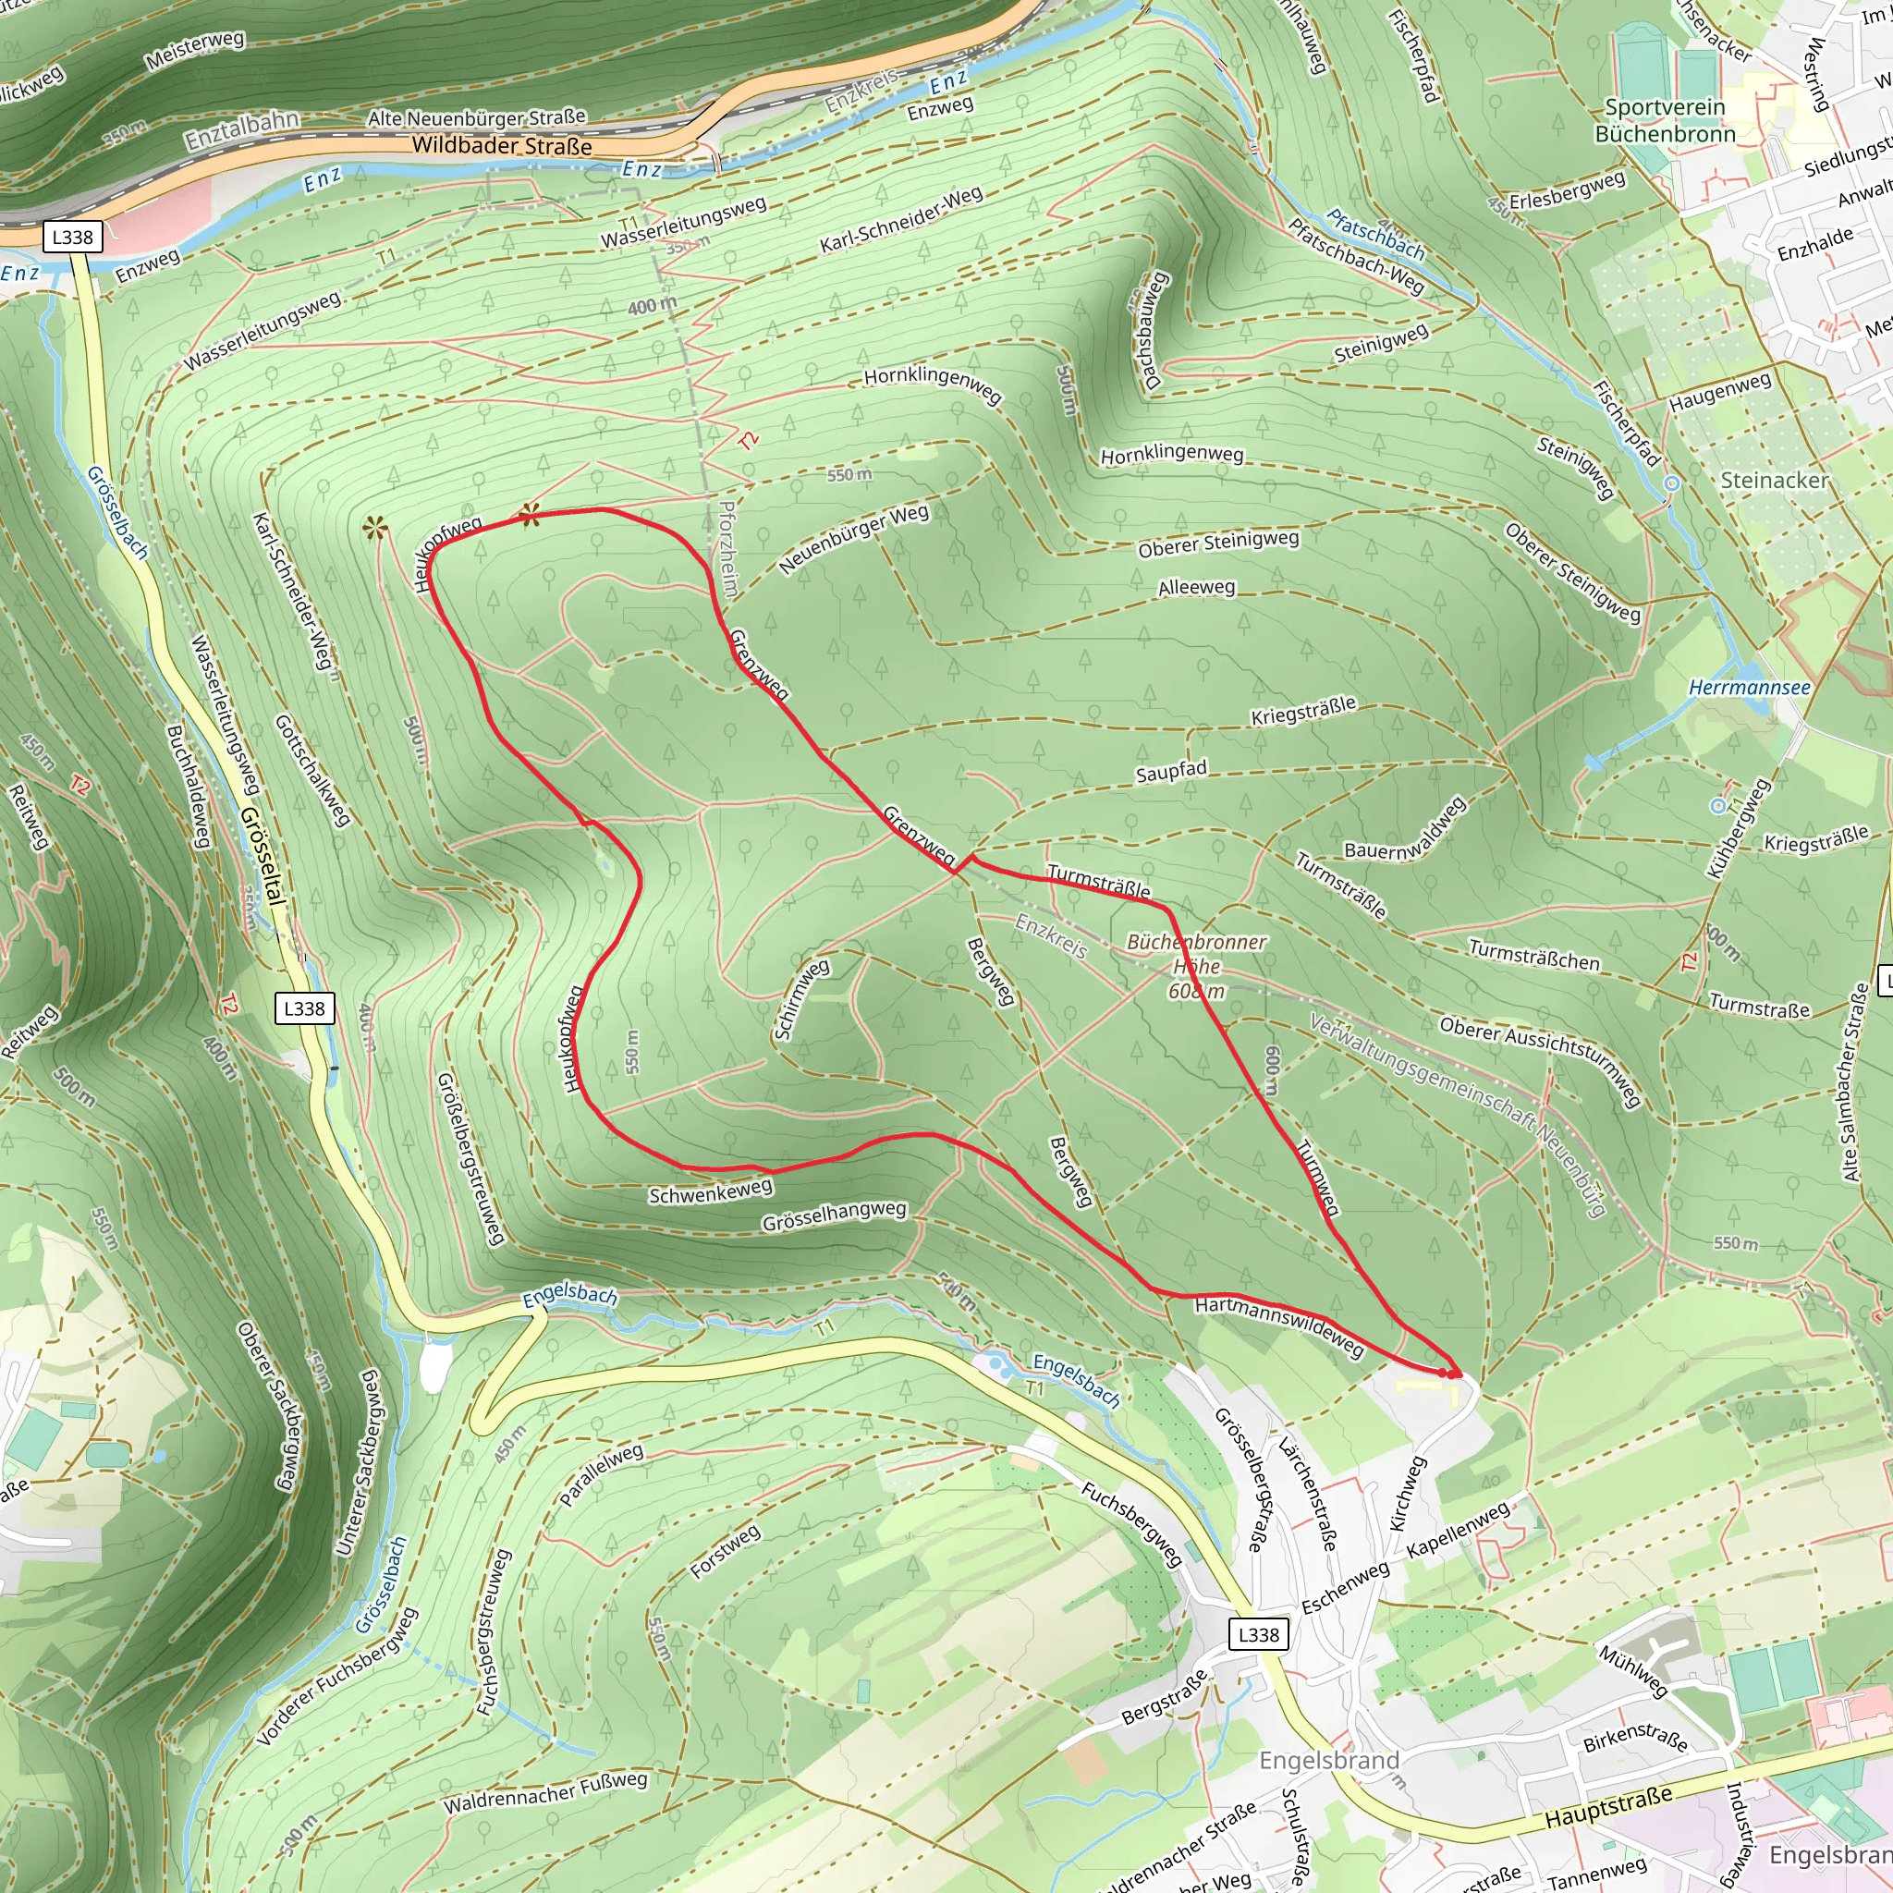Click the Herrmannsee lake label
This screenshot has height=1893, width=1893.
1749,688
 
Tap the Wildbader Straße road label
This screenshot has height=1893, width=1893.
502,145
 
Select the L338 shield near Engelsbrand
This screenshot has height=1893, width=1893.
1258,1634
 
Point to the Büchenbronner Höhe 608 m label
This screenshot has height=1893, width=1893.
1196,966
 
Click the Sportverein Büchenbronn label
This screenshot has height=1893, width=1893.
1665,120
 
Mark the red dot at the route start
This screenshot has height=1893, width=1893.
1449,1374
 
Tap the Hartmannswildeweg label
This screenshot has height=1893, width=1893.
1278,1324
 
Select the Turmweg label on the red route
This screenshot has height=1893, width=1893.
1318,1178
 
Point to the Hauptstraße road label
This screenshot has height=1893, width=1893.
1608,1807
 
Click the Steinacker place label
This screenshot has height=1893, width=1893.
1775,480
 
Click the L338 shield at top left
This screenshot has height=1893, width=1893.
72,238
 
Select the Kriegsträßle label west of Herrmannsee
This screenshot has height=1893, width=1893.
1303,712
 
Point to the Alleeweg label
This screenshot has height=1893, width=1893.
1196,588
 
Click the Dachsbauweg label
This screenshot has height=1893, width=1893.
1153,330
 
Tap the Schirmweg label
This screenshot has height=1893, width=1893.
801,999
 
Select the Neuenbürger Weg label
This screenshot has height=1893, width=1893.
853,539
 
